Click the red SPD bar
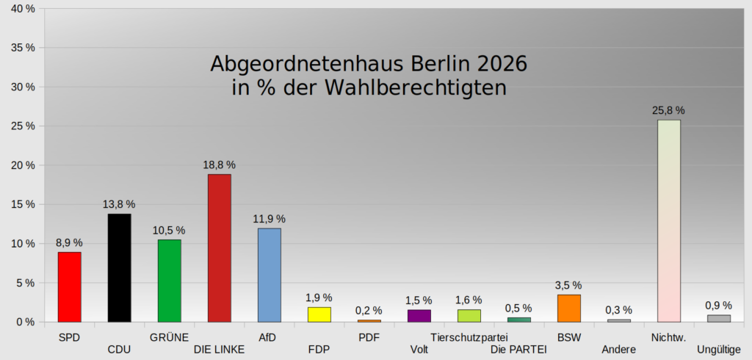(70, 287)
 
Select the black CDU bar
(120, 268)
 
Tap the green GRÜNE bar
(170, 281)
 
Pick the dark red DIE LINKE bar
(219, 248)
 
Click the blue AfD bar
(270, 275)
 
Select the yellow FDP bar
(319, 314)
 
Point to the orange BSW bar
(569, 308)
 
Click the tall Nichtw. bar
(669, 221)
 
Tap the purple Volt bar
(419, 316)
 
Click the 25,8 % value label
(668, 110)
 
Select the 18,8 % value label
(219, 165)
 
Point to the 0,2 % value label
(369, 311)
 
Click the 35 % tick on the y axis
(23, 48)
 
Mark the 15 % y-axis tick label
(23, 204)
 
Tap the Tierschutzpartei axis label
(469, 338)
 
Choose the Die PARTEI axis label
(519, 350)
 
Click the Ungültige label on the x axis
(719, 350)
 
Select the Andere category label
(618, 350)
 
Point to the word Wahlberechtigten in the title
(416, 88)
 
